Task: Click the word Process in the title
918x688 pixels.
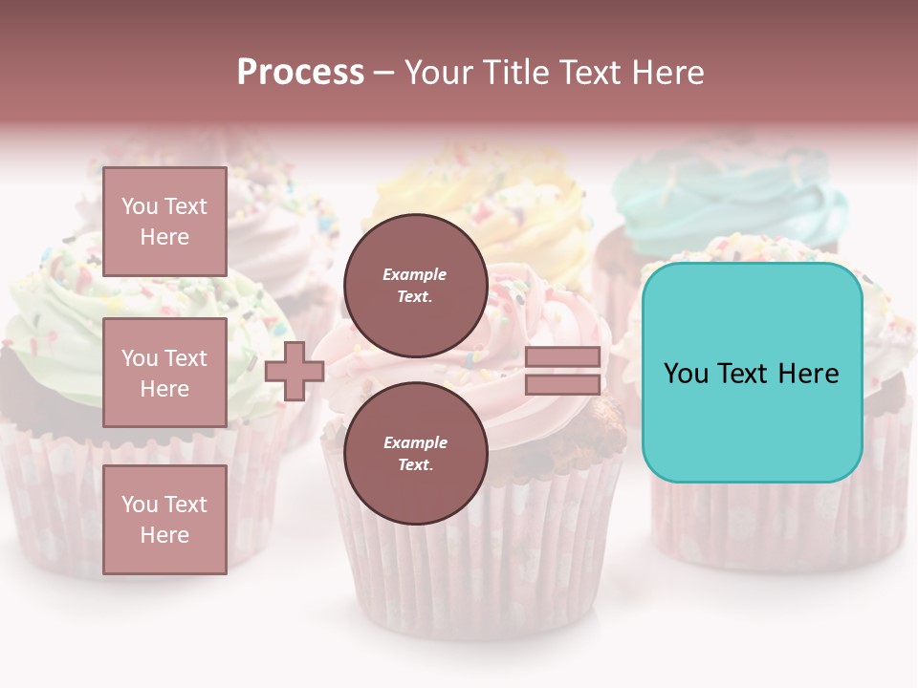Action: pos(300,73)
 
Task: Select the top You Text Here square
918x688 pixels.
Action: pos(164,222)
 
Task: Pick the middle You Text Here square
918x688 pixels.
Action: pos(164,373)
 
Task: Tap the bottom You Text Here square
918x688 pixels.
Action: pos(164,519)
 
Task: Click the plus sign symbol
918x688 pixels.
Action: pos(295,372)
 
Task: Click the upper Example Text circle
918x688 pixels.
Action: pos(415,286)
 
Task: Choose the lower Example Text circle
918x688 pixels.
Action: pos(415,454)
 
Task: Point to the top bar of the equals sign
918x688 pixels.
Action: pos(562,357)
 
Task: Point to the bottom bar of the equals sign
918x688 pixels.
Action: pos(562,385)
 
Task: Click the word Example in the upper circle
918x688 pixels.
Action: pos(415,274)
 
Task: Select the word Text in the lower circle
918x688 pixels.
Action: pos(415,465)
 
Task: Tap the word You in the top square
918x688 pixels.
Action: pos(139,206)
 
